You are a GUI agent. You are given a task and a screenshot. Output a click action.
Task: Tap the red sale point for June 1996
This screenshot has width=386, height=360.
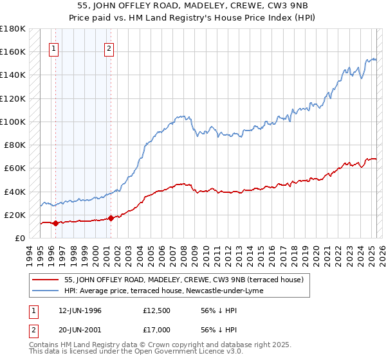click(55, 224)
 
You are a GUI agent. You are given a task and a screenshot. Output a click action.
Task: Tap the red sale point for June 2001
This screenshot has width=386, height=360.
click(110, 218)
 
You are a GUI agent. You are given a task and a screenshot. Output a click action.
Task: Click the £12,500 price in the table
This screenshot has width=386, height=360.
click(158, 310)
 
